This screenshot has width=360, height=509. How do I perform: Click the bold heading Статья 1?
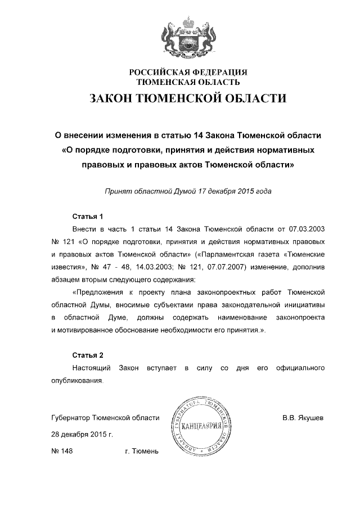pyautogui.click(x=89, y=217)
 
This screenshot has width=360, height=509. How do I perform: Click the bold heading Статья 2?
pyautogui.click(x=89, y=355)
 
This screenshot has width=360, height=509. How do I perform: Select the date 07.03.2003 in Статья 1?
pyautogui.click(x=308, y=229)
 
